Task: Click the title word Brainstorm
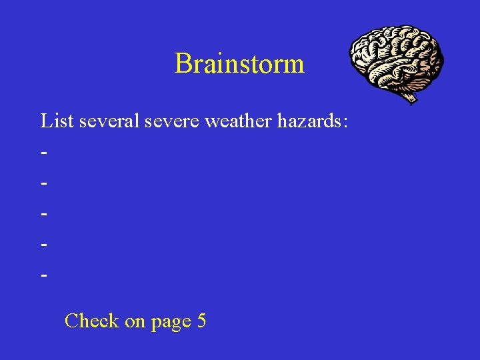(x=239, y=64)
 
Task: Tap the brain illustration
(x=397, y=60)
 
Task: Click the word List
(x=57, y=121)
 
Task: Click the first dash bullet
(x=44, y=153)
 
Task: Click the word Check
(x=91, y=321)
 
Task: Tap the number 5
(x=201, y=321)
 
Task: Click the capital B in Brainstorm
(x=182, y=64)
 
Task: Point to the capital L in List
(x=46, y=121)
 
